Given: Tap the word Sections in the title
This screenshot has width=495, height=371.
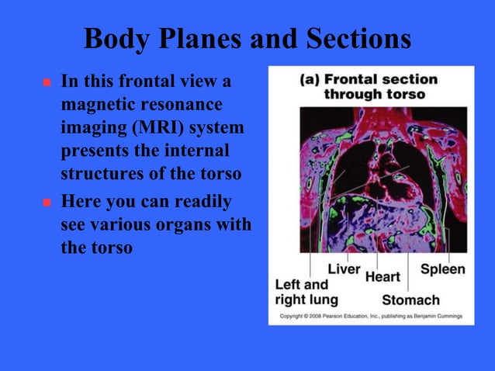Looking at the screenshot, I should [353, 39].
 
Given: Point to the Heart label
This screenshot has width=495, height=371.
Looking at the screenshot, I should [382, 276].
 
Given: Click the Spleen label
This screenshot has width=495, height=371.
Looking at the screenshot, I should [442, 269].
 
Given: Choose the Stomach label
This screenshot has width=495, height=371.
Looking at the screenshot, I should [410, 300].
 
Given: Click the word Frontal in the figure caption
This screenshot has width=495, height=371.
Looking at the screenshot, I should [358, 80].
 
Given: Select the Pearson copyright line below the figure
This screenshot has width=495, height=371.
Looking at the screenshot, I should [370, 317].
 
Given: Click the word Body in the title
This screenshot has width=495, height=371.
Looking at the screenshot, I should [112, 39].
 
